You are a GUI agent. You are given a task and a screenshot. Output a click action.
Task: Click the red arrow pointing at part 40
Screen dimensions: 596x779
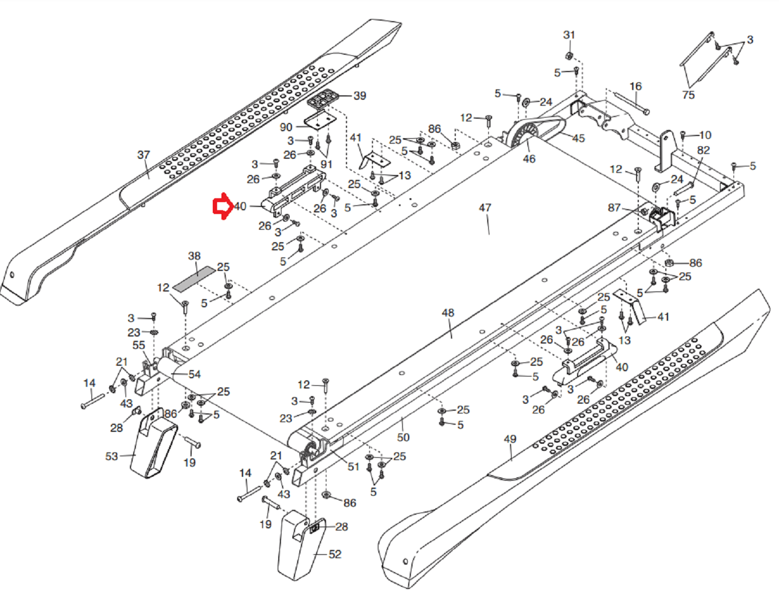pyautogui.click(x=222, y=206)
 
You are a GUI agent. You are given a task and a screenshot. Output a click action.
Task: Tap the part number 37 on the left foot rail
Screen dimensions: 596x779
pyautogui.click(x=143, y=155)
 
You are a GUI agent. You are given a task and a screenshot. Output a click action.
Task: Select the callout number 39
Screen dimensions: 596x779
pyautogui.click(x=359, y=96)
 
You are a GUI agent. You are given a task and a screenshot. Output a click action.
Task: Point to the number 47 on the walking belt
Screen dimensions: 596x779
pyautogui.click(x=485, y=208)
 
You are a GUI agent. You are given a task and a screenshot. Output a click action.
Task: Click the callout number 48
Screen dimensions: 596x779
pyautogui.click(x=448, y=313)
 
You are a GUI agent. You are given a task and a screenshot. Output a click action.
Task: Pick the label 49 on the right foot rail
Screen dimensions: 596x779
pyautogui.click(x=510, y=439)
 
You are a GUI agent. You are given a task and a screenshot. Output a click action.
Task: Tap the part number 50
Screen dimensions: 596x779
pyautogui.click(x=403, y=437)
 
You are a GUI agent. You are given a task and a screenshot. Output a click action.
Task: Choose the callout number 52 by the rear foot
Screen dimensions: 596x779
pyautogui.click(x=335, y=554)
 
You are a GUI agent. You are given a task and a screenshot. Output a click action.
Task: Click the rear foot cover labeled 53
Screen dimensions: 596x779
pyautogui.click(x=154, y=444)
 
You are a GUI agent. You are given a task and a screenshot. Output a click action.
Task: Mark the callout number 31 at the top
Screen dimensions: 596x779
pyautogui.click(x=569, y=35)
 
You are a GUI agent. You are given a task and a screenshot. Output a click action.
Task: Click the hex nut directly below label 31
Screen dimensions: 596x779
pyautogui.click(x=569, y=55)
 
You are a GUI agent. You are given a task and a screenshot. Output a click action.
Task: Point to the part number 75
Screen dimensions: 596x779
pyautogui.click(x=688, y=95)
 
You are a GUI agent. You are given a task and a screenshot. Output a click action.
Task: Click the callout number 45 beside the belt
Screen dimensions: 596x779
pyautogui.click(x=578, y=138)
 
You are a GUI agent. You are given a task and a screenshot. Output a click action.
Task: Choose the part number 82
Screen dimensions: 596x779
pyautogui.click(x=703, y=150)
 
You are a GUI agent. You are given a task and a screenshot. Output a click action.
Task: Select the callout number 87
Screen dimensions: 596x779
pyautogui.click(x=614, y=208)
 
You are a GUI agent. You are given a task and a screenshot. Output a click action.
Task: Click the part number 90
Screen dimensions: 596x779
pyautogui.click(x=286, y=127)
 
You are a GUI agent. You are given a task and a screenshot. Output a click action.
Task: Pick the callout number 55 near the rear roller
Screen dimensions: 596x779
pyautogui.click(x=139, y=345)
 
